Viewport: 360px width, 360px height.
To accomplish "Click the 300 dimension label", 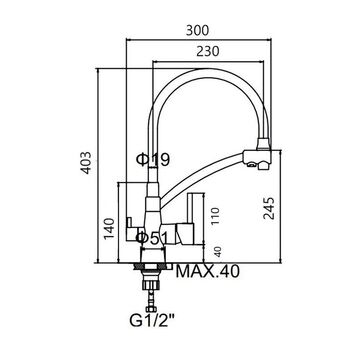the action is (x=197, y=30).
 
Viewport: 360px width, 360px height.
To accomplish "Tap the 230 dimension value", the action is (x=208, y=51).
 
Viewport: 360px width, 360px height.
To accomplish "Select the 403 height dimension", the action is (x=87, y=163).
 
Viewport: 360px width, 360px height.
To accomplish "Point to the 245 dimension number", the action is (x=269, y=208).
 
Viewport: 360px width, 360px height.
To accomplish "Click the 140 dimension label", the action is (x=109, y=228).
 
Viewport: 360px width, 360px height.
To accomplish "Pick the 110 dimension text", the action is (x=216, y=216).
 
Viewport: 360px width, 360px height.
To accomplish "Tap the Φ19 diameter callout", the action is (x=153, y=159).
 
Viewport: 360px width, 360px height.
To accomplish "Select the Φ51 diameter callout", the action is (x=153, y=238).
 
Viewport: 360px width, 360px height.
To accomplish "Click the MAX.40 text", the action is (x=207, y=271).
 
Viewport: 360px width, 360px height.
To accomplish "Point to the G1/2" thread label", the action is (x=152, y=321).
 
